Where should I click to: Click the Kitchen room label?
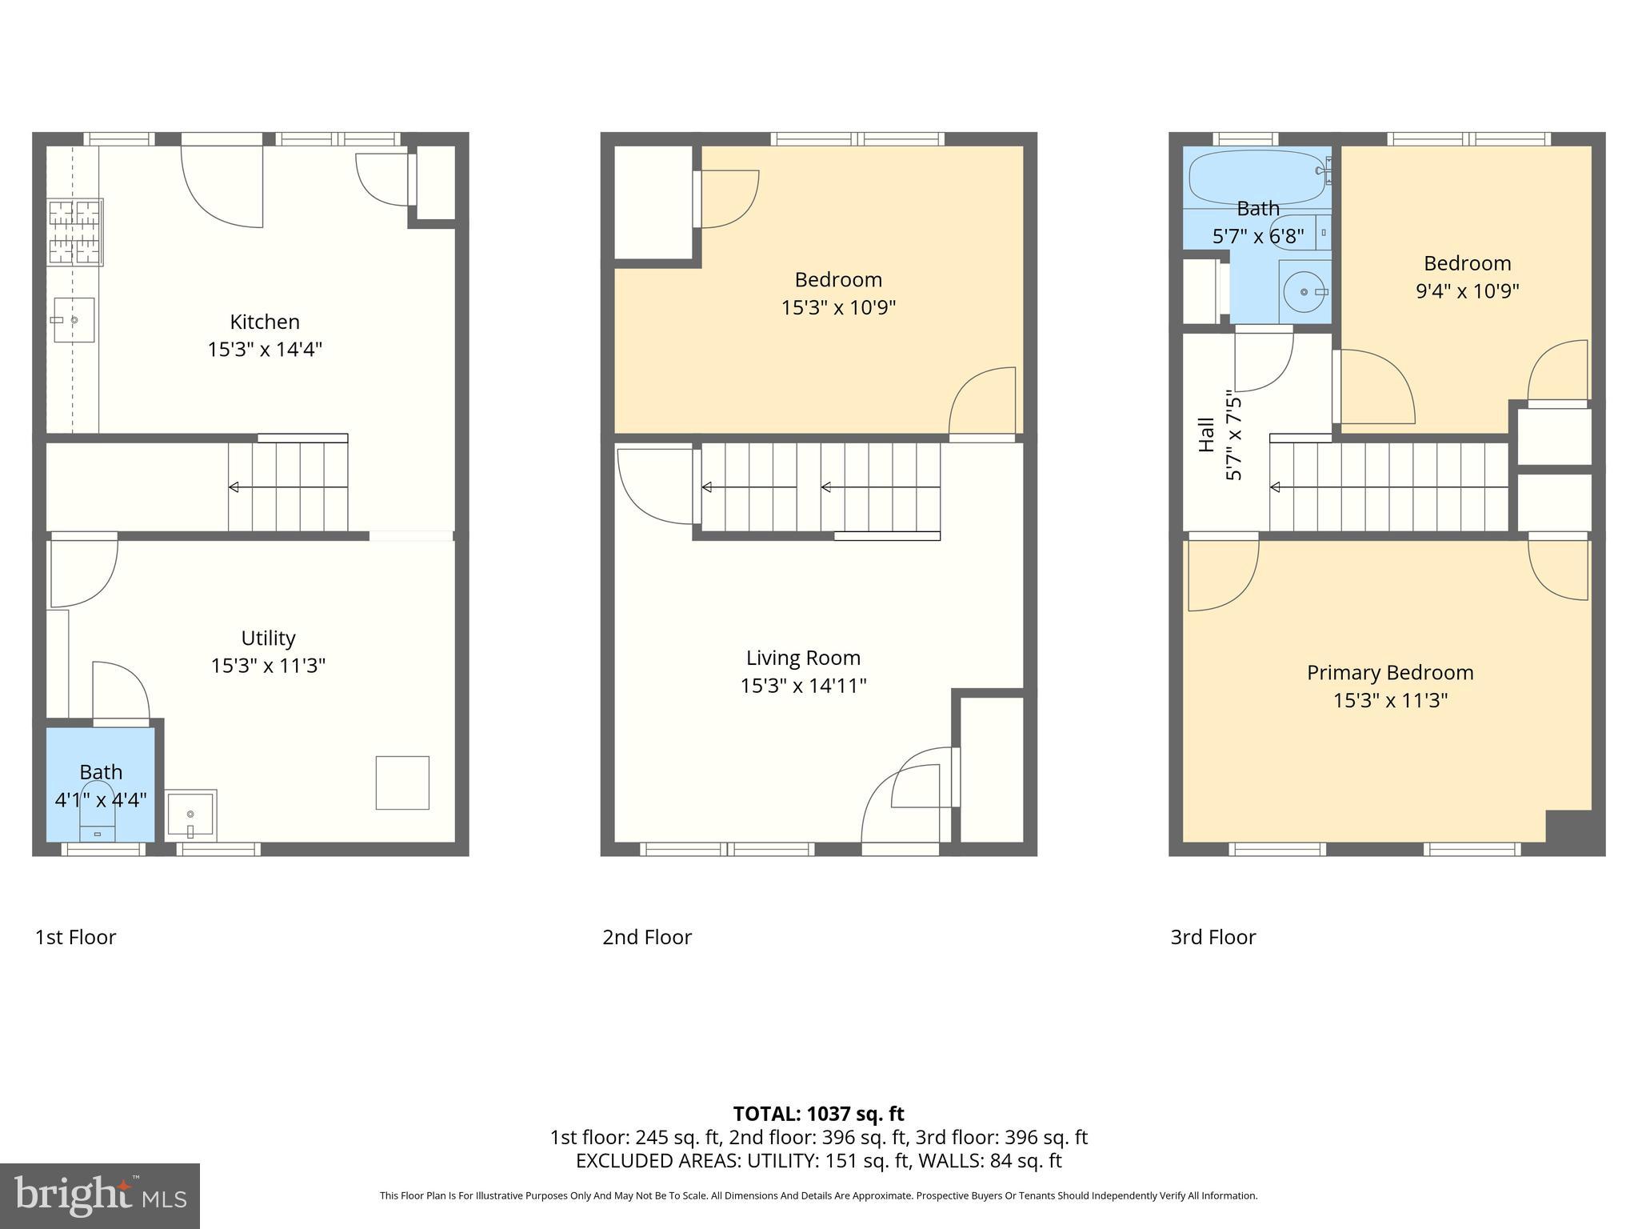265,322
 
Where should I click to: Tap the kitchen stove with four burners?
75,233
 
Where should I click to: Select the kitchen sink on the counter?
74,320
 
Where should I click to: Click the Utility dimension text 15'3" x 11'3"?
268,666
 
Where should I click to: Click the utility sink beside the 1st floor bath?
191,815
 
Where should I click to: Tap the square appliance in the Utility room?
402,783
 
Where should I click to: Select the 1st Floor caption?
75,937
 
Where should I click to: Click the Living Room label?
803,658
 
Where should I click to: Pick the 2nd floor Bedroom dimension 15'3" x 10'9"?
838,307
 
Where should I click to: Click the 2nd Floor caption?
646,937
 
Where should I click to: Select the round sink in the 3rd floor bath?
1303,292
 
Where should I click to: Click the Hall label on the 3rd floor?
1206,434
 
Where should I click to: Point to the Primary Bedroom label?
1390,673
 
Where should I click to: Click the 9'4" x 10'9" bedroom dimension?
1467,290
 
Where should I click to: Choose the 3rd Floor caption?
1213,937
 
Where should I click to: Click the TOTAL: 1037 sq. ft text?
818,1114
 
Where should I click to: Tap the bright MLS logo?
99,1195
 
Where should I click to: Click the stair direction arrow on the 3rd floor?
1275,487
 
